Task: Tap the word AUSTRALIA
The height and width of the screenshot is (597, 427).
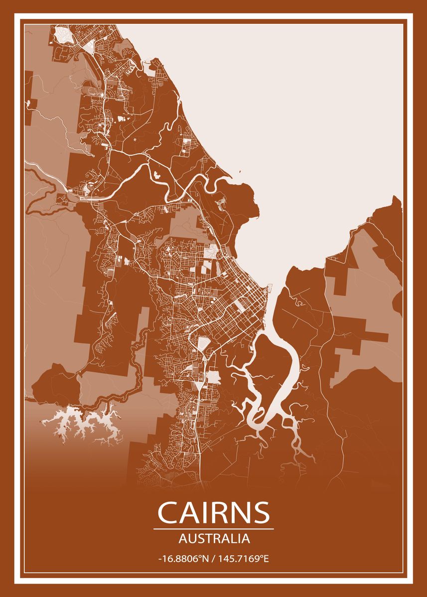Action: click(x=214, y=538)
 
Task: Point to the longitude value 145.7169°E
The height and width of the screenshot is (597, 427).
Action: click(x=246, y=559)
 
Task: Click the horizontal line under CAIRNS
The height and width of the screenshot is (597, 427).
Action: click(x=214, y=529)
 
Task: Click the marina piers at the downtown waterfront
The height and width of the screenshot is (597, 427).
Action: click(x=271, y=289)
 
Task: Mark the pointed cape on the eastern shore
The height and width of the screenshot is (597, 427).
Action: click(x=396, y=199)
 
